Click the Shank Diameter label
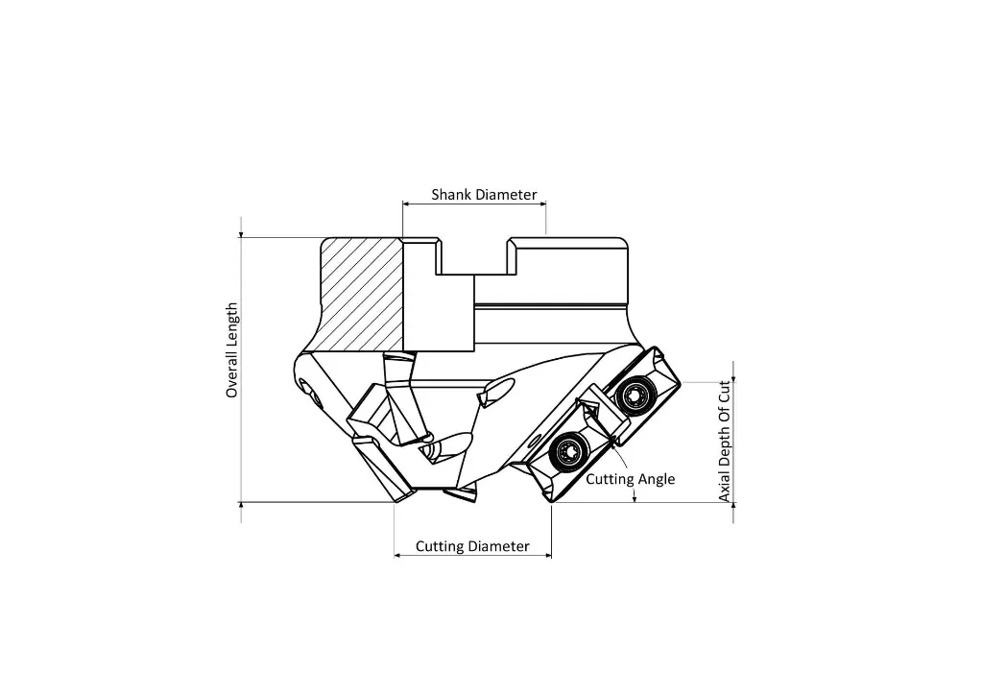pos(484,195)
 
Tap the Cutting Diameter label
pos(472,546)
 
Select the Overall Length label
pos(231,350)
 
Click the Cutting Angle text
pos(631,479)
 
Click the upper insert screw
pos(635,394)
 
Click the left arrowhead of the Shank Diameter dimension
pos(407,204)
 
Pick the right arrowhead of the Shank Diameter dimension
pos(542,204)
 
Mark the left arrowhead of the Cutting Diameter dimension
pos(398,555)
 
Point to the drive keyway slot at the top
pos(473,257)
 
